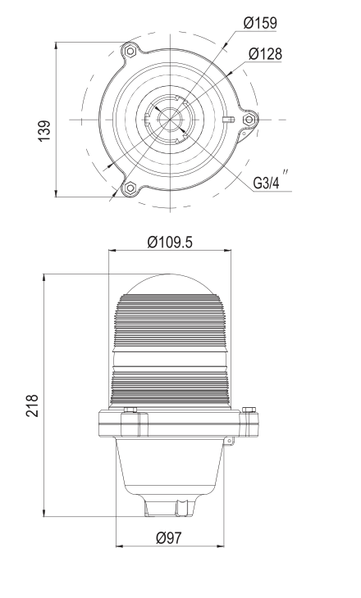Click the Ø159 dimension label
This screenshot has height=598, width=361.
pos(260,23)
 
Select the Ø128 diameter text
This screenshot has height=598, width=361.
pos(265,54)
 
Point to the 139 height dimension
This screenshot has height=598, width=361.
pos(44,131)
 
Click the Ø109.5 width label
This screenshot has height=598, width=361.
pos(170,242)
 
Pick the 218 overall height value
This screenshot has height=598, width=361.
pos(33,405)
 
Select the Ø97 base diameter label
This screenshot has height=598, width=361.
pos(169,537)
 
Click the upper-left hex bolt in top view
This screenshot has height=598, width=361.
pos(130,51)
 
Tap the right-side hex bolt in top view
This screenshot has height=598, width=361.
pos(249,120)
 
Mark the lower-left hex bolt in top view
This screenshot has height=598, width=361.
pos(130,188)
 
